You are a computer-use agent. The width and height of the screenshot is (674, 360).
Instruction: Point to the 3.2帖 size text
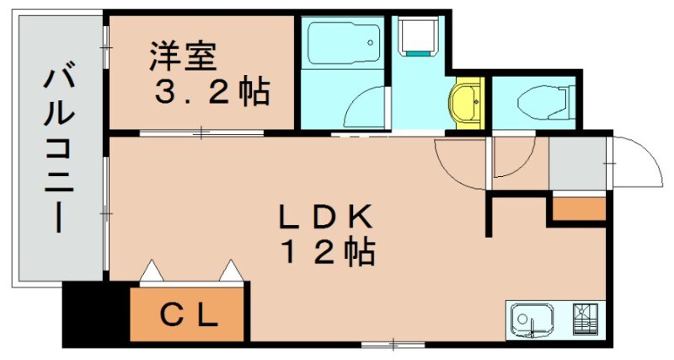tap(211, 91)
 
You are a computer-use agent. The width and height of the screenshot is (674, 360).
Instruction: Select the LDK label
tap(325, 218)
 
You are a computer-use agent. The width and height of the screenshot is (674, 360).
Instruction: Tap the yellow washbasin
tap(464, 104)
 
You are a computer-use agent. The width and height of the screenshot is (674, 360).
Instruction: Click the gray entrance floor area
tap(578, 164)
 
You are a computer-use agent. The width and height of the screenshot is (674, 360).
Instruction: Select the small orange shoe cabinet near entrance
tap(579, 207)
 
